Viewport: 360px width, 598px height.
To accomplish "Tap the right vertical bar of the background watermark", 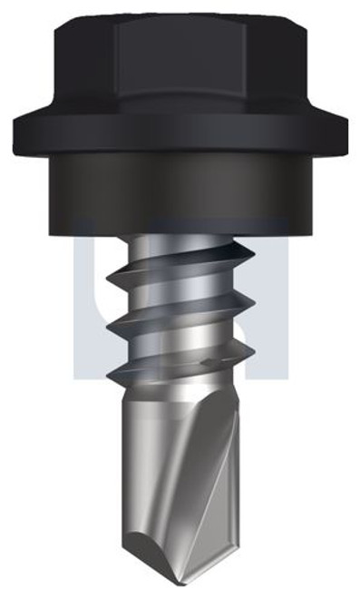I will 272,299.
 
